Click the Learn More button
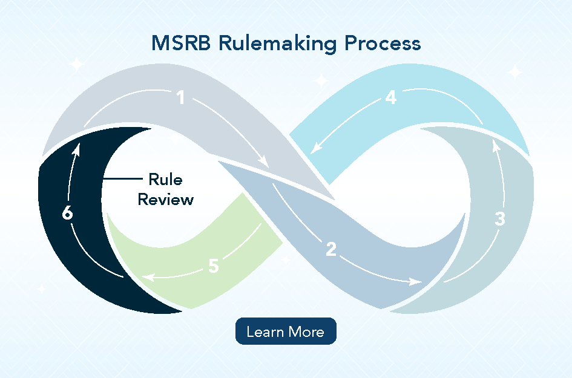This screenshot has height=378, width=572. pos(285,331)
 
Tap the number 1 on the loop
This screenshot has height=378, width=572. pos(180,97)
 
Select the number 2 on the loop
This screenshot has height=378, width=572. pos(330,249)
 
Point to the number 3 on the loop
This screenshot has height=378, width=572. pos(499,218)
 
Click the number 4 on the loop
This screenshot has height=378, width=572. pos(391,97)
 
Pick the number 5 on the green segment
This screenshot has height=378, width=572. pos(213,266)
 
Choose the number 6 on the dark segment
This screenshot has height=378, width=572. pos(68,213)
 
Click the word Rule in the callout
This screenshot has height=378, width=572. pos(165,180)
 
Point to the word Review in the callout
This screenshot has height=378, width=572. pos(165,199)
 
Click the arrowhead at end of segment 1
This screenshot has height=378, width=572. pos(265,162)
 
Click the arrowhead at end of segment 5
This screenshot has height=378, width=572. pos(147,278)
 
